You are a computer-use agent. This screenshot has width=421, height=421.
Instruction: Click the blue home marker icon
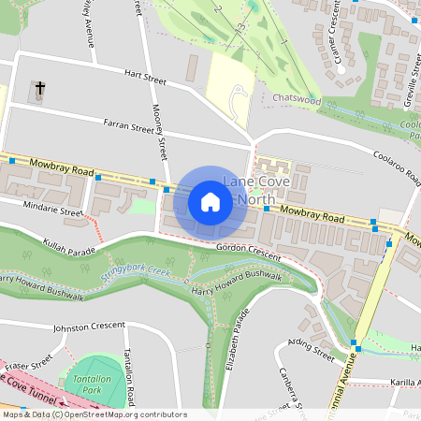210,201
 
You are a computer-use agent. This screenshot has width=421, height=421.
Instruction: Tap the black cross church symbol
39,89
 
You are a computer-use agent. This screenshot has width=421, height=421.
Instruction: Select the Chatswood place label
298,97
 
